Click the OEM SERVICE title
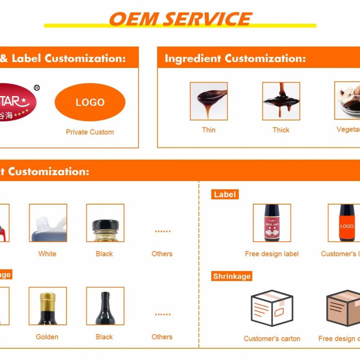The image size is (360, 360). (x=180, y=19)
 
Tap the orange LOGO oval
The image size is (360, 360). (x=90, y=102)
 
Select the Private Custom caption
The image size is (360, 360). (x=90, y=132)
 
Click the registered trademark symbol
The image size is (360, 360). (x=37, y=88)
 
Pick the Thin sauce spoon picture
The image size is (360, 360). (x=209, y=101)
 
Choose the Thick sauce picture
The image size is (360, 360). (x=281, y=101)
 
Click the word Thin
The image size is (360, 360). (x=209, y=130)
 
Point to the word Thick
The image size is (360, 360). (x=281, y=130)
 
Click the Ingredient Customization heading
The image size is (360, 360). (x=235, y=58)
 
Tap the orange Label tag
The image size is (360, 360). (x=225, y=194)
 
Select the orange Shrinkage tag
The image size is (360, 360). (x=231, y=276)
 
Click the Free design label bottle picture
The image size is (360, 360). (x=272, y=223)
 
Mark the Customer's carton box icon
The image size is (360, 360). (x=272, y=308)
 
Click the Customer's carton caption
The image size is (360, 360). (x=272, y=339)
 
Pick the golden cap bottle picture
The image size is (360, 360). (x=48, y=306)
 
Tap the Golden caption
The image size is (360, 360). (x=47, y=337)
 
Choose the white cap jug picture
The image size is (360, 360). (x=48, y=223)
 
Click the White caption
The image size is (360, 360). (x=47, y=254)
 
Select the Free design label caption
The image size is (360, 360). (x=272, y=254)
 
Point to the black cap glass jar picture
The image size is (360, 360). (x=105, y=223)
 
